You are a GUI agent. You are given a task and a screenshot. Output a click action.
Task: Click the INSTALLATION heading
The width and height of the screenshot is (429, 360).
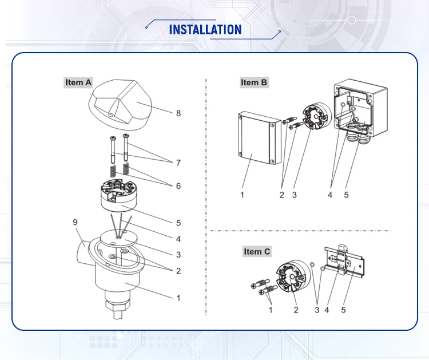tap(205, 29)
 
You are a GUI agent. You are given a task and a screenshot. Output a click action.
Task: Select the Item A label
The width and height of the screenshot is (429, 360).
tap(78, 82)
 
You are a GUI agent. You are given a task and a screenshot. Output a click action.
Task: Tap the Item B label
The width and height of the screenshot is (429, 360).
tap(253, 82)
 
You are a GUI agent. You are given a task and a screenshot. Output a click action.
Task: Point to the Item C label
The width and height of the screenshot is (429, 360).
tap(257, 251)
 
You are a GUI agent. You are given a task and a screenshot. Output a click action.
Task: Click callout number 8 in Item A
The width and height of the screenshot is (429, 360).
tap(178, 113)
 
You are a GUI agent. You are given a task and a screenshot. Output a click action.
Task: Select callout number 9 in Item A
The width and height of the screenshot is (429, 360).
tap(74, 221)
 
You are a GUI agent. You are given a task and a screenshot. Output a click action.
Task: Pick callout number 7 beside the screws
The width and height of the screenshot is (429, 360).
tap(178, 163)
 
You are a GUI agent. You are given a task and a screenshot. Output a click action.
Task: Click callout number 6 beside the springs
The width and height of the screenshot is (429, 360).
tap(178, 186)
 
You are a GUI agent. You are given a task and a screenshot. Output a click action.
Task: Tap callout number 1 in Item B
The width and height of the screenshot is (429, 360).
tap(242, 195)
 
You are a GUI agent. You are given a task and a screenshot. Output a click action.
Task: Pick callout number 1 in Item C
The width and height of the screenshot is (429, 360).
tap(270, 310)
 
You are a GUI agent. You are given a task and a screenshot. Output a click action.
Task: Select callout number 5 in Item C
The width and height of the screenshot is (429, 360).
tap(344, 310)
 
